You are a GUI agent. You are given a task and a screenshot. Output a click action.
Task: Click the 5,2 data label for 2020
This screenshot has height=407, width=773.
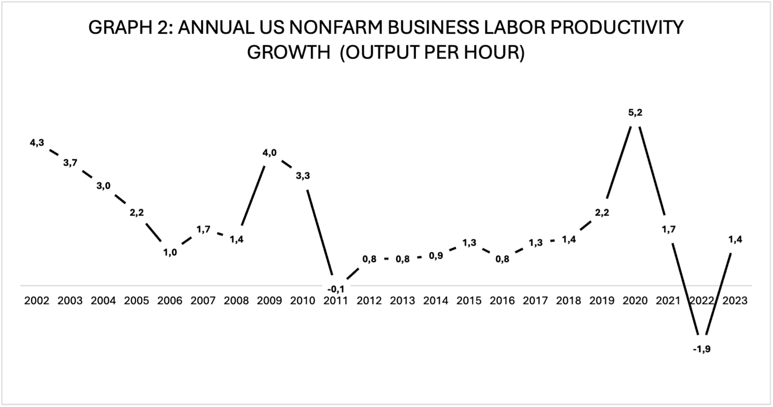point(635,113)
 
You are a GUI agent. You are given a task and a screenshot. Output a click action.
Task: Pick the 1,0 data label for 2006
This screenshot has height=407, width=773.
point(170,253)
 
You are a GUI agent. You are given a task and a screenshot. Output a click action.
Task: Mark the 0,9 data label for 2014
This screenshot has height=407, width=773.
point(435,256)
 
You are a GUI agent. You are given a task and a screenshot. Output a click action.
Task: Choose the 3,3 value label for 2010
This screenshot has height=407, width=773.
point(303,176)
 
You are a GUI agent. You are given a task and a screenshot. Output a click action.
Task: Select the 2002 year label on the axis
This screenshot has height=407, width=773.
point(37,301)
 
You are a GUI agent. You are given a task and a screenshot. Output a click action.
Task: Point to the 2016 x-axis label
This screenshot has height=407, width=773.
point(502,301)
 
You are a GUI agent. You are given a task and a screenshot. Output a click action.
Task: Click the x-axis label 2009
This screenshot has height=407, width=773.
point(270,301)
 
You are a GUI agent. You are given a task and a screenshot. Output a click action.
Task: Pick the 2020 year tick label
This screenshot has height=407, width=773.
point(635,301)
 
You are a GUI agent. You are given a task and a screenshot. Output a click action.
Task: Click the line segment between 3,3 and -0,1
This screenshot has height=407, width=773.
point(320,232)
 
